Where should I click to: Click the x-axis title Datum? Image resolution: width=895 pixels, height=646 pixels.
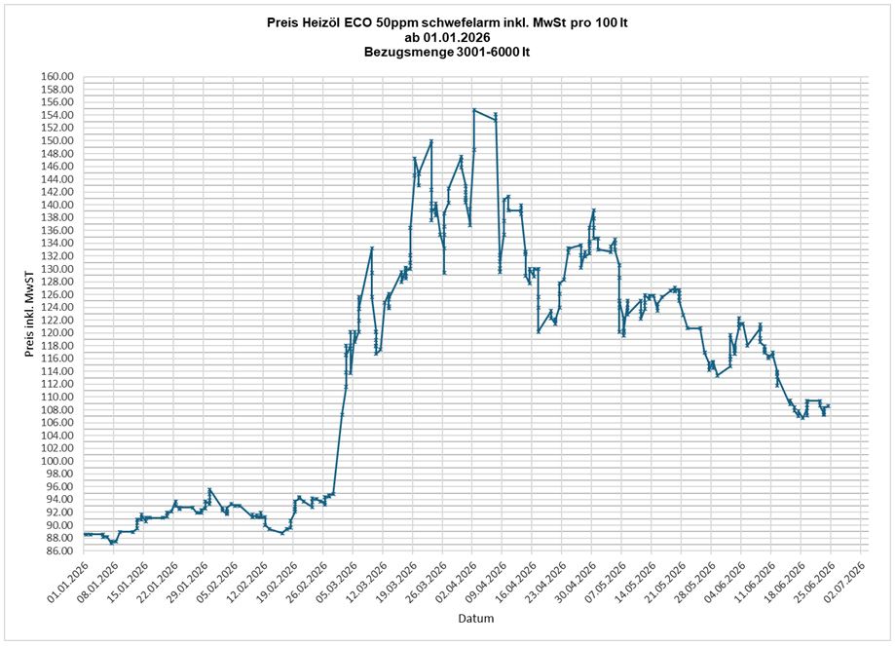(476, 618)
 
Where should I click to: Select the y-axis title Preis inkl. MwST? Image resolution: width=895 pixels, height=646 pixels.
(29, 315)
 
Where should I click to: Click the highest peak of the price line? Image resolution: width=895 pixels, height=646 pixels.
(473, 110)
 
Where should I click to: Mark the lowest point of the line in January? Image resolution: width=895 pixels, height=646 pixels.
(112, 543)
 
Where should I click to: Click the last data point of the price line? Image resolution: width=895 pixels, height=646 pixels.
(828, 405)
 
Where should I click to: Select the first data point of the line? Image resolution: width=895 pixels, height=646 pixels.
(85, 534)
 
